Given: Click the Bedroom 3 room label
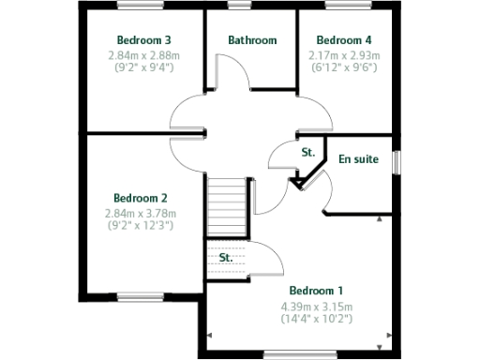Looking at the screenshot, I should (143, 40).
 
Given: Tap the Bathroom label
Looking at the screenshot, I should (252, 40).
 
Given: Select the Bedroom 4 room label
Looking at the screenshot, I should (344, 40).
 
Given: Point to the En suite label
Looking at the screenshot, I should (359, 159).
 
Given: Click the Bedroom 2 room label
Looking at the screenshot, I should (141, 198).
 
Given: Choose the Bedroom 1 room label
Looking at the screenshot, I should (316, 291).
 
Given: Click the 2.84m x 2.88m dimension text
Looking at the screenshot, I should (143, 55).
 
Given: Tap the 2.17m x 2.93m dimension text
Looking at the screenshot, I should (344, 55).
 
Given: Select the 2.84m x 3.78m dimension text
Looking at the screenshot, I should (141, 213).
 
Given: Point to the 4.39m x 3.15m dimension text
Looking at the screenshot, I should (316, 307).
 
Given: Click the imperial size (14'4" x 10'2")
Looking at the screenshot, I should (316, 320).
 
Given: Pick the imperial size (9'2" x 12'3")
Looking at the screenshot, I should (141, 226).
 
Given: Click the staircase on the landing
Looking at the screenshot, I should (225, 207).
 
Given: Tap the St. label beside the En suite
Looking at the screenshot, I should (307, 152).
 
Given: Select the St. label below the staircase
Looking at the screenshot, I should (226, 257).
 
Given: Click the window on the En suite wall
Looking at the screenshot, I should (396, 161).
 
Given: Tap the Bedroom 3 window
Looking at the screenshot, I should (142, 6).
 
